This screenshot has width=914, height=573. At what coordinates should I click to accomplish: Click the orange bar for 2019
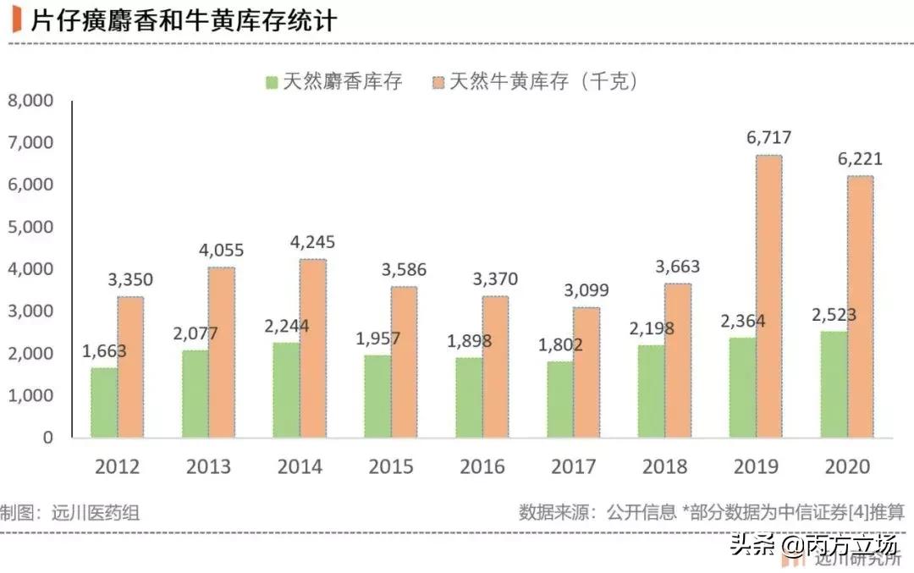pos(768,296)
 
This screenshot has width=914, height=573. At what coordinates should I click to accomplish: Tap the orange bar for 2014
pos(312,348)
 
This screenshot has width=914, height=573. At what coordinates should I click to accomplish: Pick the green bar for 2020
pos(834,384)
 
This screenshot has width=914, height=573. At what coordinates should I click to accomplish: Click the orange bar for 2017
pos(586,372)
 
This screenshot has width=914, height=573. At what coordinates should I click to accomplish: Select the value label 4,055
pos(221,251)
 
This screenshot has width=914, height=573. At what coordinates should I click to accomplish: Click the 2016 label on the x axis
pos(482,467)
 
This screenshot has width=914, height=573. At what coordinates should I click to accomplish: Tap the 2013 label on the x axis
pos(208,467)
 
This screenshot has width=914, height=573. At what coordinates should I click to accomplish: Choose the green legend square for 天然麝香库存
pos(272,82)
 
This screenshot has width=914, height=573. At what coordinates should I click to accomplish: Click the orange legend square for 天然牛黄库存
pos(438,82)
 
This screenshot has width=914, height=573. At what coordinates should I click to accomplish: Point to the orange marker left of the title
pos(16,19)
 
